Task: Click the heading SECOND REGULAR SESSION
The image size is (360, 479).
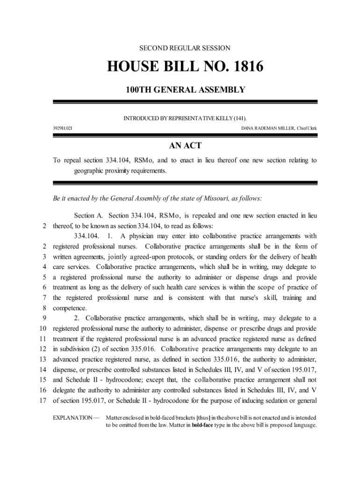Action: pyautogui.click(x=185, y=48)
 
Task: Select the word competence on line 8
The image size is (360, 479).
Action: pyautogui.click(x=70, y=308)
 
